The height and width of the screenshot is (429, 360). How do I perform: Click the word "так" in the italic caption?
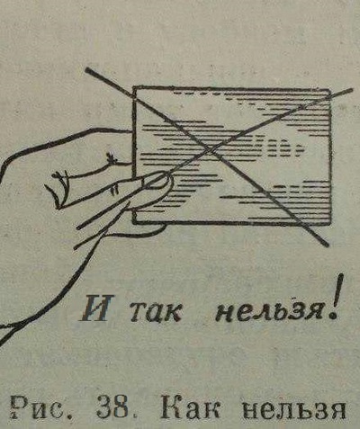pyautogui.click(x=156, y=312)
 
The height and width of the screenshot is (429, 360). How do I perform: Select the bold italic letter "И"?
pyautogui.click(x=96, y=308)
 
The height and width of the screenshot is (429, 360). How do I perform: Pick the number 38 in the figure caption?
pyautogui.click(x=112, y=407)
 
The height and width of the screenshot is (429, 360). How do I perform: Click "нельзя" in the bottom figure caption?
pyautogui.click(x=293, y=408)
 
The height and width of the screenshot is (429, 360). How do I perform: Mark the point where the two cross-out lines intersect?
pyautogui.click(x=211, y=148)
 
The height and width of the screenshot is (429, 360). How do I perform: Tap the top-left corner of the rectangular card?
pyautogui.click(x=134, y=88)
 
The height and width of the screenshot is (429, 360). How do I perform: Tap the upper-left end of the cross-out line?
pyautogui.click(x=87, y=71)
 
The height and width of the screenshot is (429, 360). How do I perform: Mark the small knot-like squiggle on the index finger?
pyautogui.click(x=112, y=158)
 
